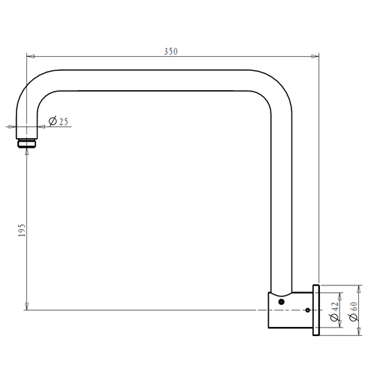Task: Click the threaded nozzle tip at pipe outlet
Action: pyautogui.click(x=26, y=144)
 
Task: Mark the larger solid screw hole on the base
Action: pyautogui.click(x=281, y=301)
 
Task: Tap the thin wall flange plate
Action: pyautogui.click(x=316, y=310)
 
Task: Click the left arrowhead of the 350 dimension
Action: pyautogui.click(x=30, y=57)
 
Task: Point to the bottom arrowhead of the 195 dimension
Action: pyautogui.click(x=26, y=306)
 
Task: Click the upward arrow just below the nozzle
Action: pyautogui.click(x=26, y=151)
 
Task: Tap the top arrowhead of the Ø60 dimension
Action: pyautogui.click(x=358, y=287)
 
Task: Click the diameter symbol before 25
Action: pyautogui.click(x=53, y=122)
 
